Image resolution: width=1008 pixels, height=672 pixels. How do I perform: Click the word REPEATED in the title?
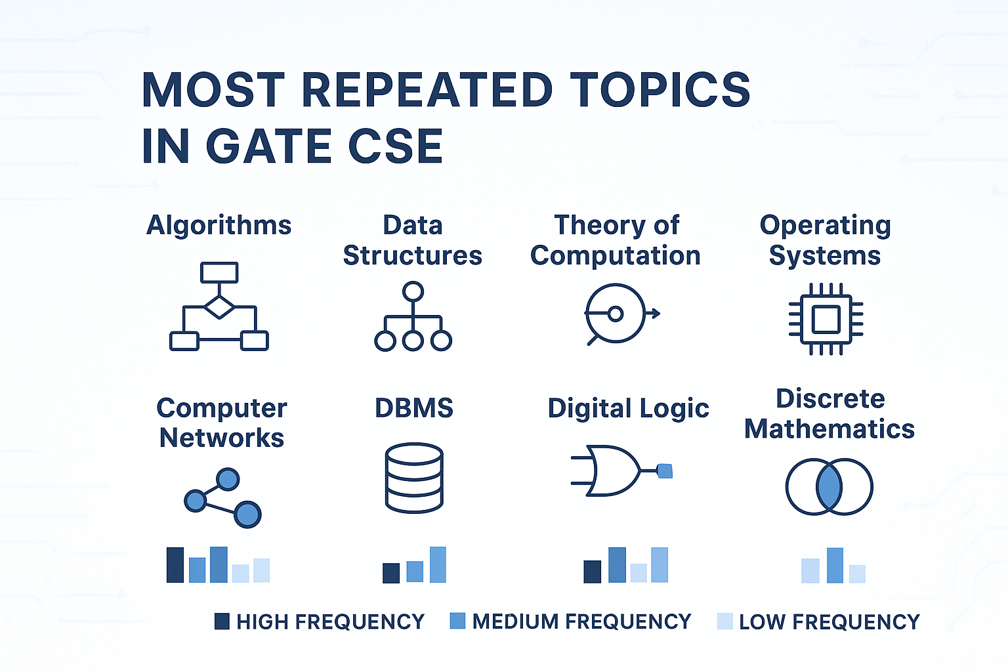(x=427, y=89)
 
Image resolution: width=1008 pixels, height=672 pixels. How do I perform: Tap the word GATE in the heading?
(x=268, y=146)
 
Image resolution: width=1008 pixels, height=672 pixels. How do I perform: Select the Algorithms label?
(x=219, y=226)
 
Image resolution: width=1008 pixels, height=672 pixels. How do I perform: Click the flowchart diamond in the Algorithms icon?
(x=219, y=307)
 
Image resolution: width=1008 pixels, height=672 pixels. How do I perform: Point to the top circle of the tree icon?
(x=413, y=291)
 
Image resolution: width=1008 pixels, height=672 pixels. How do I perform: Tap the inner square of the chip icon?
(x=826, y=319)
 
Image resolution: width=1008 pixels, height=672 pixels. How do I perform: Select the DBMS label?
(x=414, y=408)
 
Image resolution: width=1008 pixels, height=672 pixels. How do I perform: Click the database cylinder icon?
(x=415, y=478)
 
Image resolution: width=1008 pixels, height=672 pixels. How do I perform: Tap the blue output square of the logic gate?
(x=665, y=471)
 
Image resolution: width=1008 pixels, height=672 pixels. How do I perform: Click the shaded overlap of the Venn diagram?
(x=829, y=486)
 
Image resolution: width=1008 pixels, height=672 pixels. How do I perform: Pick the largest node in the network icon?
(x=247, y=514)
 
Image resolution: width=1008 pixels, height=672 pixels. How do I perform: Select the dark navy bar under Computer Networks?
(x=175, y=565)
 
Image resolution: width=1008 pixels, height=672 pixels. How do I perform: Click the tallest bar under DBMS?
(x=438, y=565)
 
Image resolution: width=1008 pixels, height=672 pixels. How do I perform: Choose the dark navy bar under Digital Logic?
(x=592, y=572)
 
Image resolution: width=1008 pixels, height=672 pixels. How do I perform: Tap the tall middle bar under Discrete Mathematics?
(x=835, y=565)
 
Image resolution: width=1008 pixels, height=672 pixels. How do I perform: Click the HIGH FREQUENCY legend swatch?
(x=222, y=621)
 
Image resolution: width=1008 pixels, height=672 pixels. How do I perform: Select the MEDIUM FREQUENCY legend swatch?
(x=457, y=621)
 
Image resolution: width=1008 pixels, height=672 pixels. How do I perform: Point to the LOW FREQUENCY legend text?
(x=829, y=621)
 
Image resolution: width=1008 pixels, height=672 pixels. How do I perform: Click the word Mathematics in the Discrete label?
(x=829, y=429)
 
